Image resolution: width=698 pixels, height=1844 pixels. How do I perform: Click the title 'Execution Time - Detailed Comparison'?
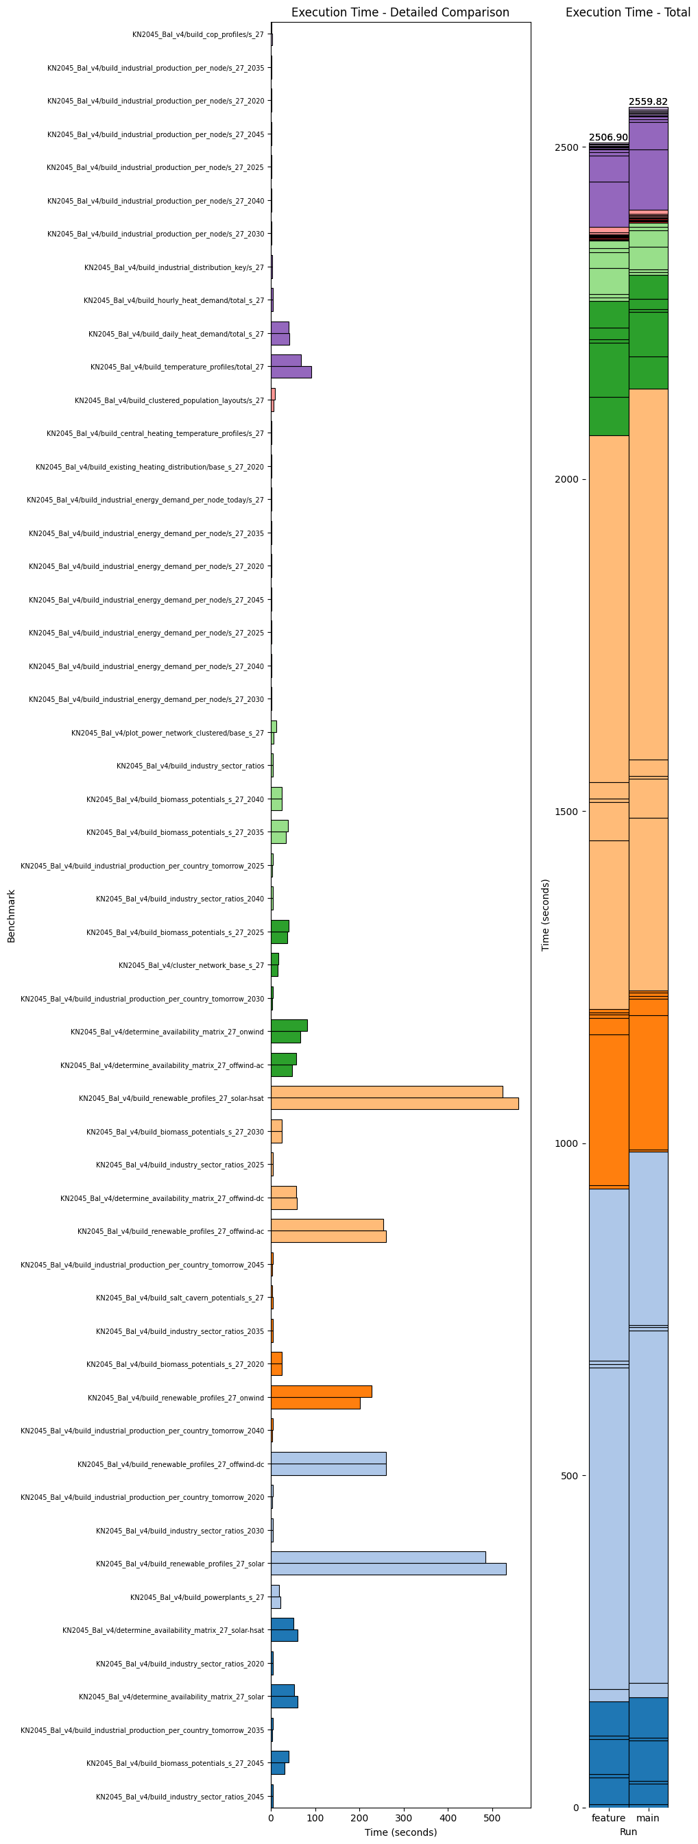tap(400, 12)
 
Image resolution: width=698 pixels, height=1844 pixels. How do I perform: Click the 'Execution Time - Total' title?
tap(627, 12)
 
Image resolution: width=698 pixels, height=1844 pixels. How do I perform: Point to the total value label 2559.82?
tap(648, 101)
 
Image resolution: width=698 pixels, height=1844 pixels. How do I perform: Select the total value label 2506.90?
tap(608, 137)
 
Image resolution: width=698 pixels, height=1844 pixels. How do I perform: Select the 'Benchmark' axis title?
tap(12, 916)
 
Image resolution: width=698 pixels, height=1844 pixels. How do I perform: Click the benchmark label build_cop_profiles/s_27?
tap(197, 34)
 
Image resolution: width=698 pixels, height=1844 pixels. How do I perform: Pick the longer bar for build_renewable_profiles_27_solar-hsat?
tap(394, 1103)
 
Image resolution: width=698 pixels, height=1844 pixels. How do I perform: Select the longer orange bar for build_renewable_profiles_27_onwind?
tap(321, 1392)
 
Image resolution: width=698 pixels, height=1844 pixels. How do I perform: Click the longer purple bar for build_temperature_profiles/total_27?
tap(291, 372)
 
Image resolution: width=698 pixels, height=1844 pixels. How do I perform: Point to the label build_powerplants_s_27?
tap(197, 1597)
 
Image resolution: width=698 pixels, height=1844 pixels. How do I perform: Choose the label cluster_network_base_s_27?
tap(191, 965)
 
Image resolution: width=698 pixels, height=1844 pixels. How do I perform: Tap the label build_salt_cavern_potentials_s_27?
tap(180, 1298)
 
